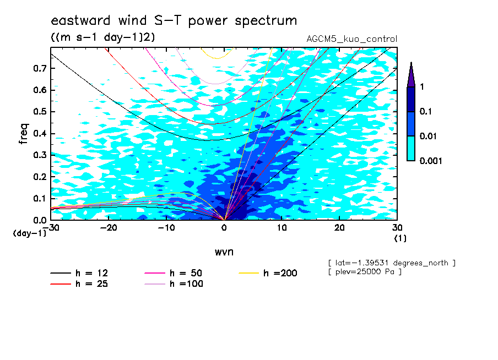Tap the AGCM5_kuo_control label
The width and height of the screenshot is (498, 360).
click(x=351, y=39)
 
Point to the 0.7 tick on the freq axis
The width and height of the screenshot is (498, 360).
click(x=40, y=68)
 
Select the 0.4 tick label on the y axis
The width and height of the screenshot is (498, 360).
click(x=40, y=133)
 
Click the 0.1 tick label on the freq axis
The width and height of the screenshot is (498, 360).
click(x=40, y=198)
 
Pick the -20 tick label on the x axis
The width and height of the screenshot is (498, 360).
click(x=109, y=228)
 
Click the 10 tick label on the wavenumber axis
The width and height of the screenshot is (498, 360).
click(x=282, y=228)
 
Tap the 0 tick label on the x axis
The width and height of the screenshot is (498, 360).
click(x=224, y=228)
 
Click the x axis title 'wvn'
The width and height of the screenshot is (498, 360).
click(x=224, y=252)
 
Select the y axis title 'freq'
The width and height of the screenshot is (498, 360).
click(x=24, y=134)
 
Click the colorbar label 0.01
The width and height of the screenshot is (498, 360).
click(x=428, y=136)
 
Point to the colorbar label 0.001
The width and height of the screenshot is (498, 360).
click(x=431, y=161)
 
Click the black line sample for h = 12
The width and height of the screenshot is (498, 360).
click(x=61, y=273)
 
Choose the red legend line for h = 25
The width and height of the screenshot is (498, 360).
click(x=61, y=284)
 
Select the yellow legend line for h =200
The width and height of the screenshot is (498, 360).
click(x=249, y=273)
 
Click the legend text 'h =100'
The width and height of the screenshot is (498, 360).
click(x=186, y=284)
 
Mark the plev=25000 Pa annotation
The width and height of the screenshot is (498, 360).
click(x=365, y=272)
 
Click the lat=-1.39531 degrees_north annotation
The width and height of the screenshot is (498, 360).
click(x=392, y=263)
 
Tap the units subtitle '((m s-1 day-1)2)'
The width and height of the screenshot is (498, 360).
click(x=103, y=37)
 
